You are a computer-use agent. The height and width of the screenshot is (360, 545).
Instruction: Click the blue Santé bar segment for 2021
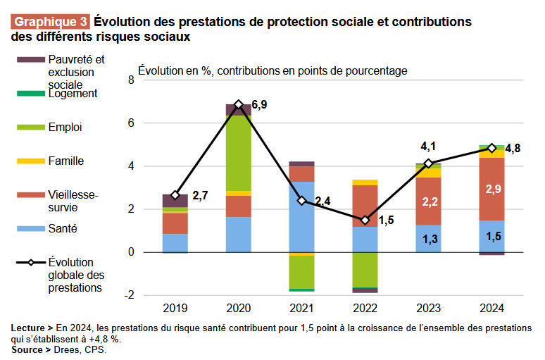click(301, 216)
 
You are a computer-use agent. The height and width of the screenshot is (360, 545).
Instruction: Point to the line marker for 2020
click(239, 104)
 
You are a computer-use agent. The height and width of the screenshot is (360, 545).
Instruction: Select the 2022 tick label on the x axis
click(365, 308)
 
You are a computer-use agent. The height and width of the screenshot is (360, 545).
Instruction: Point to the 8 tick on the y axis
click(130, 80)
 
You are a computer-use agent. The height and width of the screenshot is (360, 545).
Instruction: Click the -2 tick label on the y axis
click(128, 295)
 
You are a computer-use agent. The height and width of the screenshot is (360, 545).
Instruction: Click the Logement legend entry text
click(73, 93)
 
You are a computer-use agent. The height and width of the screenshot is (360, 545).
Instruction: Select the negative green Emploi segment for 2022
click(365, 270)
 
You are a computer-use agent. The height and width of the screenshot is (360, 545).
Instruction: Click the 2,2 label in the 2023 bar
click(428, 201)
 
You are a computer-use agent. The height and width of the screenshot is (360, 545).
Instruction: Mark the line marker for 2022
click(365, 220)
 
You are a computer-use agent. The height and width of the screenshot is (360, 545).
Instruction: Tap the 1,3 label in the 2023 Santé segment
click(428, 240)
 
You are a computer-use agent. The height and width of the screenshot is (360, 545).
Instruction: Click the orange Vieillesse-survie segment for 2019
click(175, 223)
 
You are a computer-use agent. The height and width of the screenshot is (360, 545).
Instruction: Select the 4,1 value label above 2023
click(429, 147)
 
